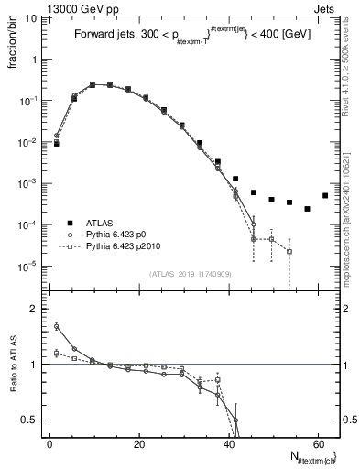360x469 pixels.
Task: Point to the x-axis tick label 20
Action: pos(138,443)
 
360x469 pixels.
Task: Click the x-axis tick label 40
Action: pos(228,443)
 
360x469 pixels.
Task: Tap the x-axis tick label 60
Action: pos(317,443)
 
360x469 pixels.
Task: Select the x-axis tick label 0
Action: pos(49,443)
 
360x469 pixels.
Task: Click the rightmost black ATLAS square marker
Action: pos(325,195)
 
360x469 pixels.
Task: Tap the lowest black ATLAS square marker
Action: pos(307,209)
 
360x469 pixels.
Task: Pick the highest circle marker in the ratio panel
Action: pos(57,326)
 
